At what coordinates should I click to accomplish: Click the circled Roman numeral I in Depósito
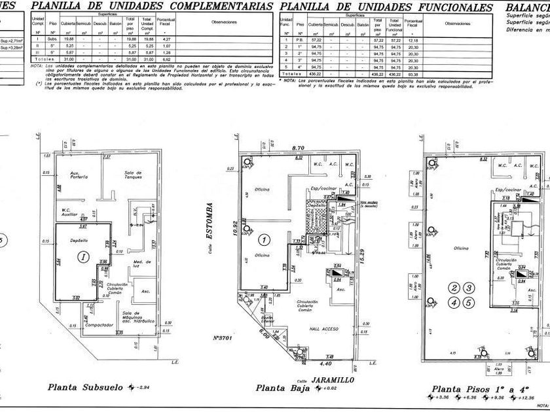click(x=83, y=257)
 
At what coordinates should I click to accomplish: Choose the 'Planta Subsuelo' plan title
click(x=85, y=386)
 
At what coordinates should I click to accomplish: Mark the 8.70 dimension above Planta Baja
click(x=299, y=148)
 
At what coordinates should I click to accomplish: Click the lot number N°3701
click(x=224, y=338)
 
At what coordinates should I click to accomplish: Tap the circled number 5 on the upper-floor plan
click(x=468, y=302)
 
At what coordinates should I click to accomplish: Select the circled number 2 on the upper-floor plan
click(x=452, y=287)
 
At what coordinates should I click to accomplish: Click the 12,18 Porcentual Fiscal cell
click(x=412, y=41)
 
